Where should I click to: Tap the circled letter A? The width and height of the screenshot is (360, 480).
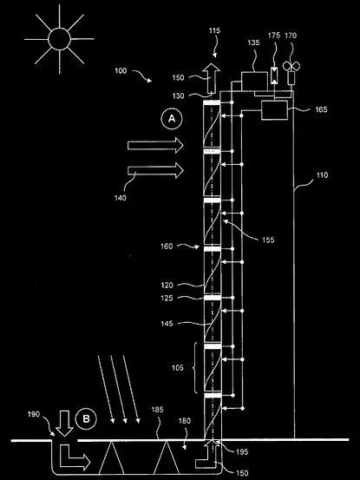[x=172, y=119]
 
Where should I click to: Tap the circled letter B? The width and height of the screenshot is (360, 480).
[x=86, y=418]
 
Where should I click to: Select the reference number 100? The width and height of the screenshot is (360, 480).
[x=121, y=70]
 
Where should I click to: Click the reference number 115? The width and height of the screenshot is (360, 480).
[x=214, y=30]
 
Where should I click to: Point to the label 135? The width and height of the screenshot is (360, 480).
[x=253, y=43]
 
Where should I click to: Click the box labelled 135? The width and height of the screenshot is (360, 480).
[x=254, y=82]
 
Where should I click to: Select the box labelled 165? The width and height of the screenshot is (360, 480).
[x=274, y=110]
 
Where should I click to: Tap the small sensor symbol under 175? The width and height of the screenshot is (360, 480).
[x=275, y=76]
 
